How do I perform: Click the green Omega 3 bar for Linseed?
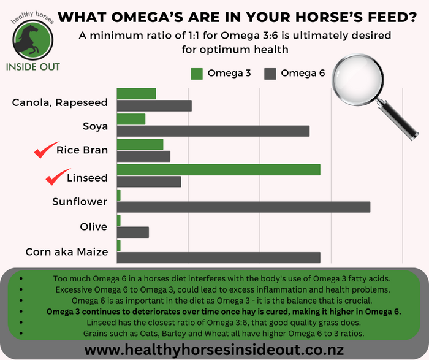click(x=219, y=170)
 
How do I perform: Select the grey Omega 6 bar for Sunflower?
click(x=243, y=207)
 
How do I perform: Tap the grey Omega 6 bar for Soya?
click(x=213, y=131)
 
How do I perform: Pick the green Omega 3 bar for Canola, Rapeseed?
click(x=136, y=94)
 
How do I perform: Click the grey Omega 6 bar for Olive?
click(x=133, y=232)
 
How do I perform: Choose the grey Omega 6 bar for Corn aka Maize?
click(x=219, y=258)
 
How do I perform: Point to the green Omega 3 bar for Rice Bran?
click(x=140, y=144)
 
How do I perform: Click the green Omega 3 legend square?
click(x=197, y=74)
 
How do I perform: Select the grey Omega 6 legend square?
click(x=270, y=74)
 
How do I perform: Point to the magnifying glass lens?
click(x=357, y=79)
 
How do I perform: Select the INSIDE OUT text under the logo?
click(x=33, y=67)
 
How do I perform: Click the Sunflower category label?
click(x=80, y=202)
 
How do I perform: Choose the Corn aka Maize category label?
click(x=67, y=252)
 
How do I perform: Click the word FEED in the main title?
click(x=392, y=17)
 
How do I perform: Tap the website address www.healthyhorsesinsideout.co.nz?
click(x=214, y=350)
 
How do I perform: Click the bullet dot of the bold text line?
click(x=21, y=312)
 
